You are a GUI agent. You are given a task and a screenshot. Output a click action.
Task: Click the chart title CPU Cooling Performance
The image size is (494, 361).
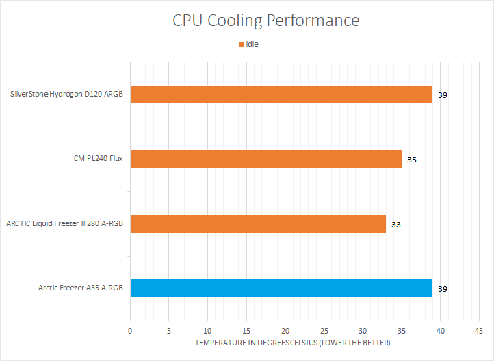[x=265, y=21]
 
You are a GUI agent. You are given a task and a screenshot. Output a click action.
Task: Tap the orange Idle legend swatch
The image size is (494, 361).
[x=241, y=44]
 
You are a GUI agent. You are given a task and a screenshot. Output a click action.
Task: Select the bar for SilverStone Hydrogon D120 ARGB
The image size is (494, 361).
[x=281, y=95]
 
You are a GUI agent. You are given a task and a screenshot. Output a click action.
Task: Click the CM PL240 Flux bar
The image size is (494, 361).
[x=265, y=159]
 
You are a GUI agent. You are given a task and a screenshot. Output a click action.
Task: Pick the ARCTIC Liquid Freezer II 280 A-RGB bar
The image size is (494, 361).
[x=257, y=224]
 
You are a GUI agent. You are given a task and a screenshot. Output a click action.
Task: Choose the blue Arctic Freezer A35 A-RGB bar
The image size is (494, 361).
[x=281, y=288]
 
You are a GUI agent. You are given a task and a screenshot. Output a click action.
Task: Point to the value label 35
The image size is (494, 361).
[x=411, y=160]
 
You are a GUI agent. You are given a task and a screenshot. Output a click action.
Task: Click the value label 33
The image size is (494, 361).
[x=396, y=224]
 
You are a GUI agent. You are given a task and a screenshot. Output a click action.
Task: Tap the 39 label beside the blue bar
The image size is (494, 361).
[x=443, y=289]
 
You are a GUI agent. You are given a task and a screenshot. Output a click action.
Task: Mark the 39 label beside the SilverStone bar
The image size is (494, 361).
[x=443, y=95]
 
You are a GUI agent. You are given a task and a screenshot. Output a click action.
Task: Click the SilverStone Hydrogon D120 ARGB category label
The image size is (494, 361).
[x=67, y=95]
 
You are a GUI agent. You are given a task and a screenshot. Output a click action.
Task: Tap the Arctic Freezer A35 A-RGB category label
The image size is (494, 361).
[x=81, y=288]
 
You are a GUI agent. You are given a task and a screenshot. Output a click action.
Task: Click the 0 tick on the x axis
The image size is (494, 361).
[x=130, y=331]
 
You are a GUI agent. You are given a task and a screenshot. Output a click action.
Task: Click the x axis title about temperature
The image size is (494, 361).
[x=292, y=342]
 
